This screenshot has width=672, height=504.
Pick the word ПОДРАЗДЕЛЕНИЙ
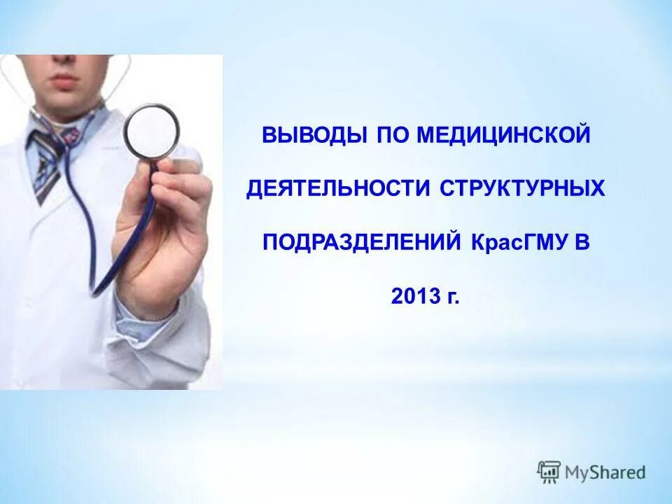(361, 243)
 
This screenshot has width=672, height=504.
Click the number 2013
(415, 297)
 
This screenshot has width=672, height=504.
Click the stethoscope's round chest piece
(152, 130)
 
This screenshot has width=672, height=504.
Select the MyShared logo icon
(549, 472)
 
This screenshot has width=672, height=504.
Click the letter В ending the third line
(583, 243)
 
